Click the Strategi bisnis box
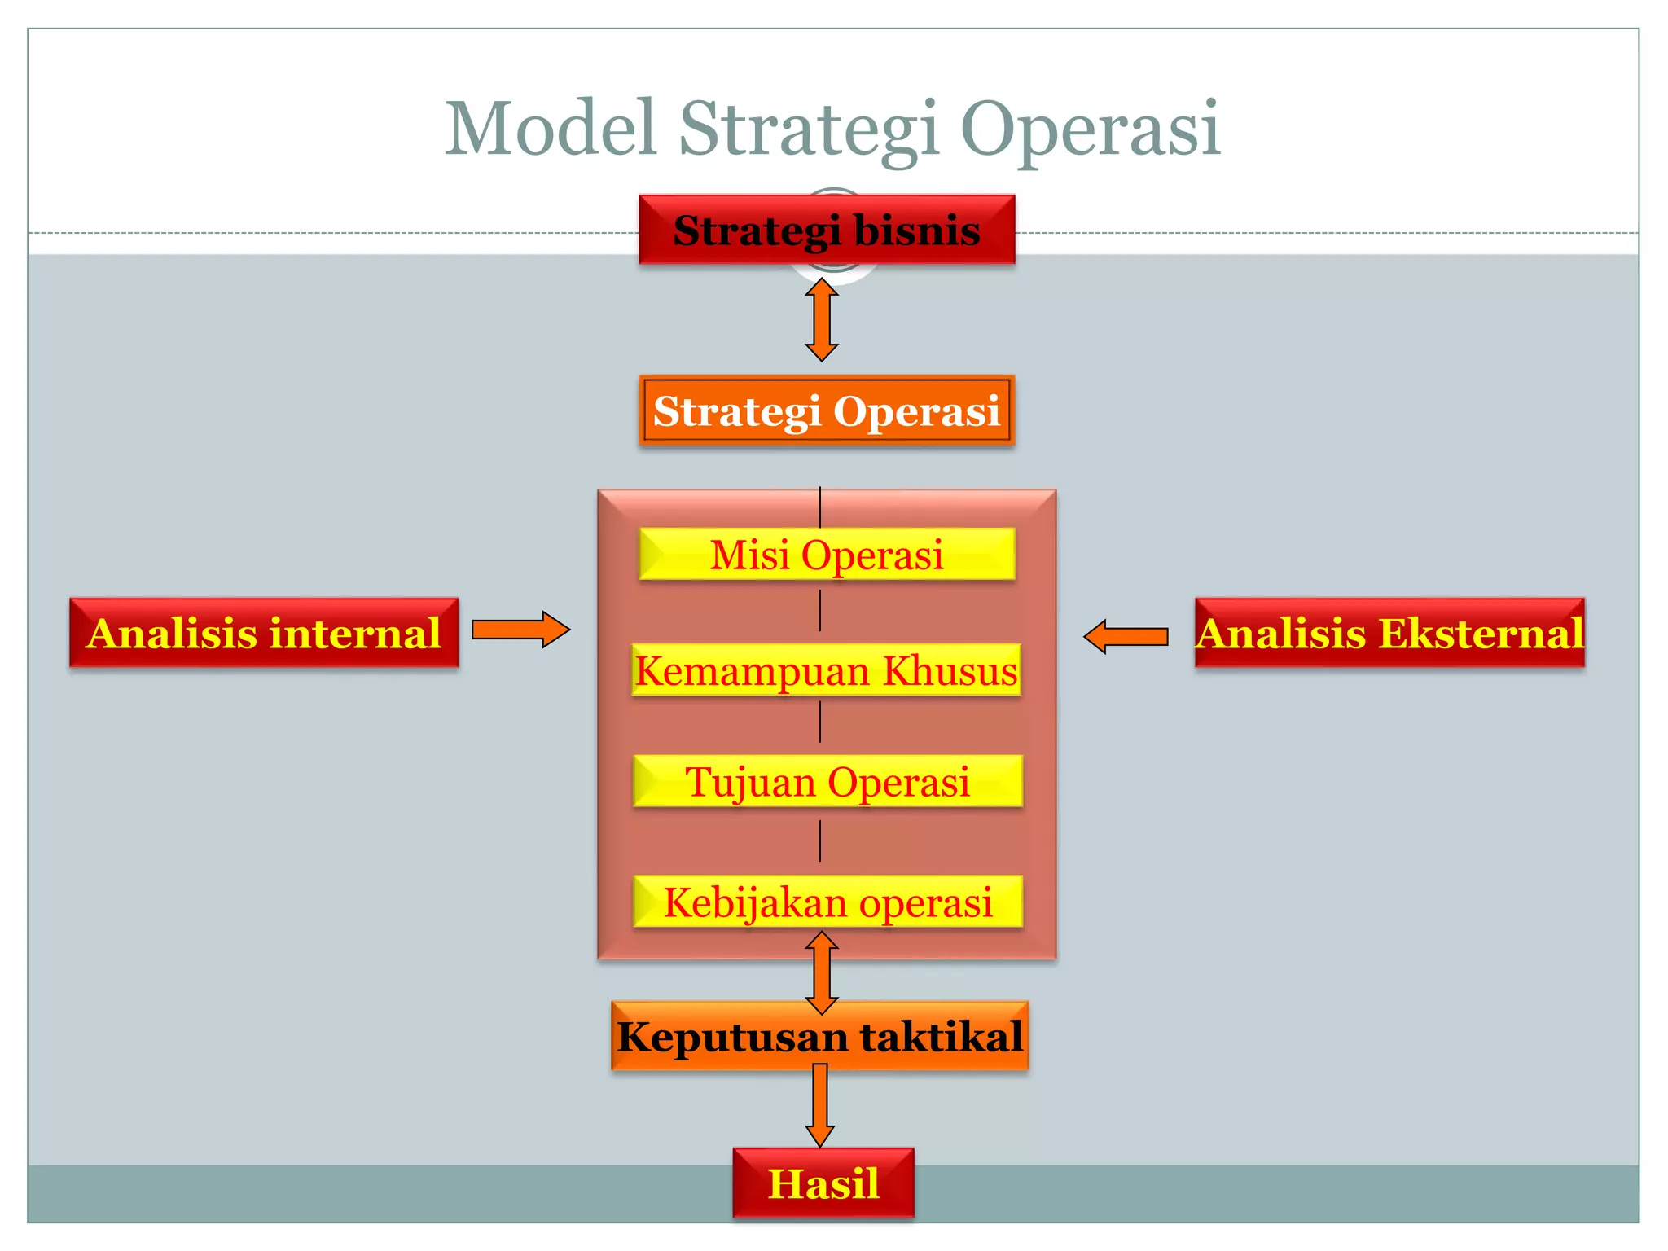(826, 230)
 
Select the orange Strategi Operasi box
(826, 410)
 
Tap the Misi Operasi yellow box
(826, 555)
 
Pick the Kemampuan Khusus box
(826, 670)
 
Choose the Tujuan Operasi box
(827, 781)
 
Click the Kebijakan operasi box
(827, 902)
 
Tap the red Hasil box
(823, 1183)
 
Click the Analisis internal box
(264, 633)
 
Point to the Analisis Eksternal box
(1389, 633)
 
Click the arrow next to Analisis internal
(520, 630)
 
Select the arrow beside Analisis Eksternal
(1126, 636)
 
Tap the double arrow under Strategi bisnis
(821, 319)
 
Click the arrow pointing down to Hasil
(819, 1105)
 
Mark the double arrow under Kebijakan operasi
(821, 971)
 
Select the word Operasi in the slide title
(1090, 130)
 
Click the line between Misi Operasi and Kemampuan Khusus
(820, 611)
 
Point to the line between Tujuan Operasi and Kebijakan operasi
(820, 841)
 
